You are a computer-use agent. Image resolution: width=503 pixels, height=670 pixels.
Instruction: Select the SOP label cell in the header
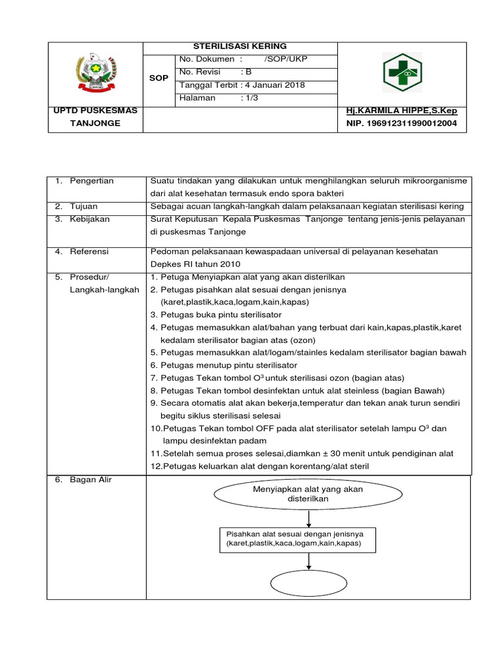tap(159, 77)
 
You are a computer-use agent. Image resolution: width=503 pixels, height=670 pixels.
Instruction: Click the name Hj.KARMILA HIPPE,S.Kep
tap(401, 111)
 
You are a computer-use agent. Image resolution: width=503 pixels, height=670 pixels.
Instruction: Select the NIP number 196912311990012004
tap(401, 123)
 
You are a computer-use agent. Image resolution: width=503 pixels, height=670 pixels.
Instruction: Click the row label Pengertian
tap(92, 181)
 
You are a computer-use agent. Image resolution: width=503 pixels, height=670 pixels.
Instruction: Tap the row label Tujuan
tap(85, 206)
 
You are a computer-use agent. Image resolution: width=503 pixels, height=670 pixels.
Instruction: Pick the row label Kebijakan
tap(90, 218)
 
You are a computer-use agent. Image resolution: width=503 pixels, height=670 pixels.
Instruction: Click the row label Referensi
tap(90, 251)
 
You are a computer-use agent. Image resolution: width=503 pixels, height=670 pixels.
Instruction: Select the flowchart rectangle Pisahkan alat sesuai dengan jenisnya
tap(299, 538)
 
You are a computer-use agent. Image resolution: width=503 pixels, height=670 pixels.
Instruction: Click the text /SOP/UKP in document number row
tap(286, 60)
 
